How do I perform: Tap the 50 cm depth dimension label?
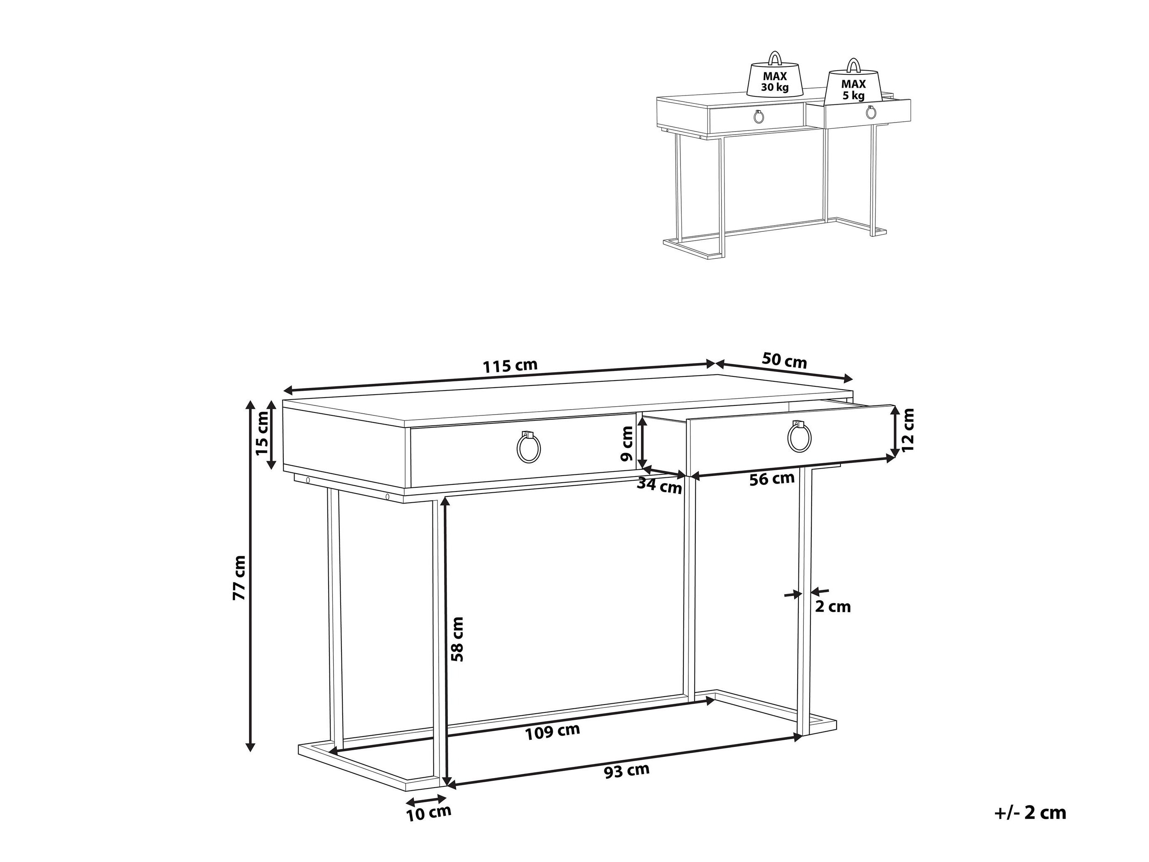(784, 361)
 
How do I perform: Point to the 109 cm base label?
(552, 732)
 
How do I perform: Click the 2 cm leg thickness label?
(832, 607)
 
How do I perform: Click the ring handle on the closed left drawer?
(529, 445)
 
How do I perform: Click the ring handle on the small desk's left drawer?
(759, 116)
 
